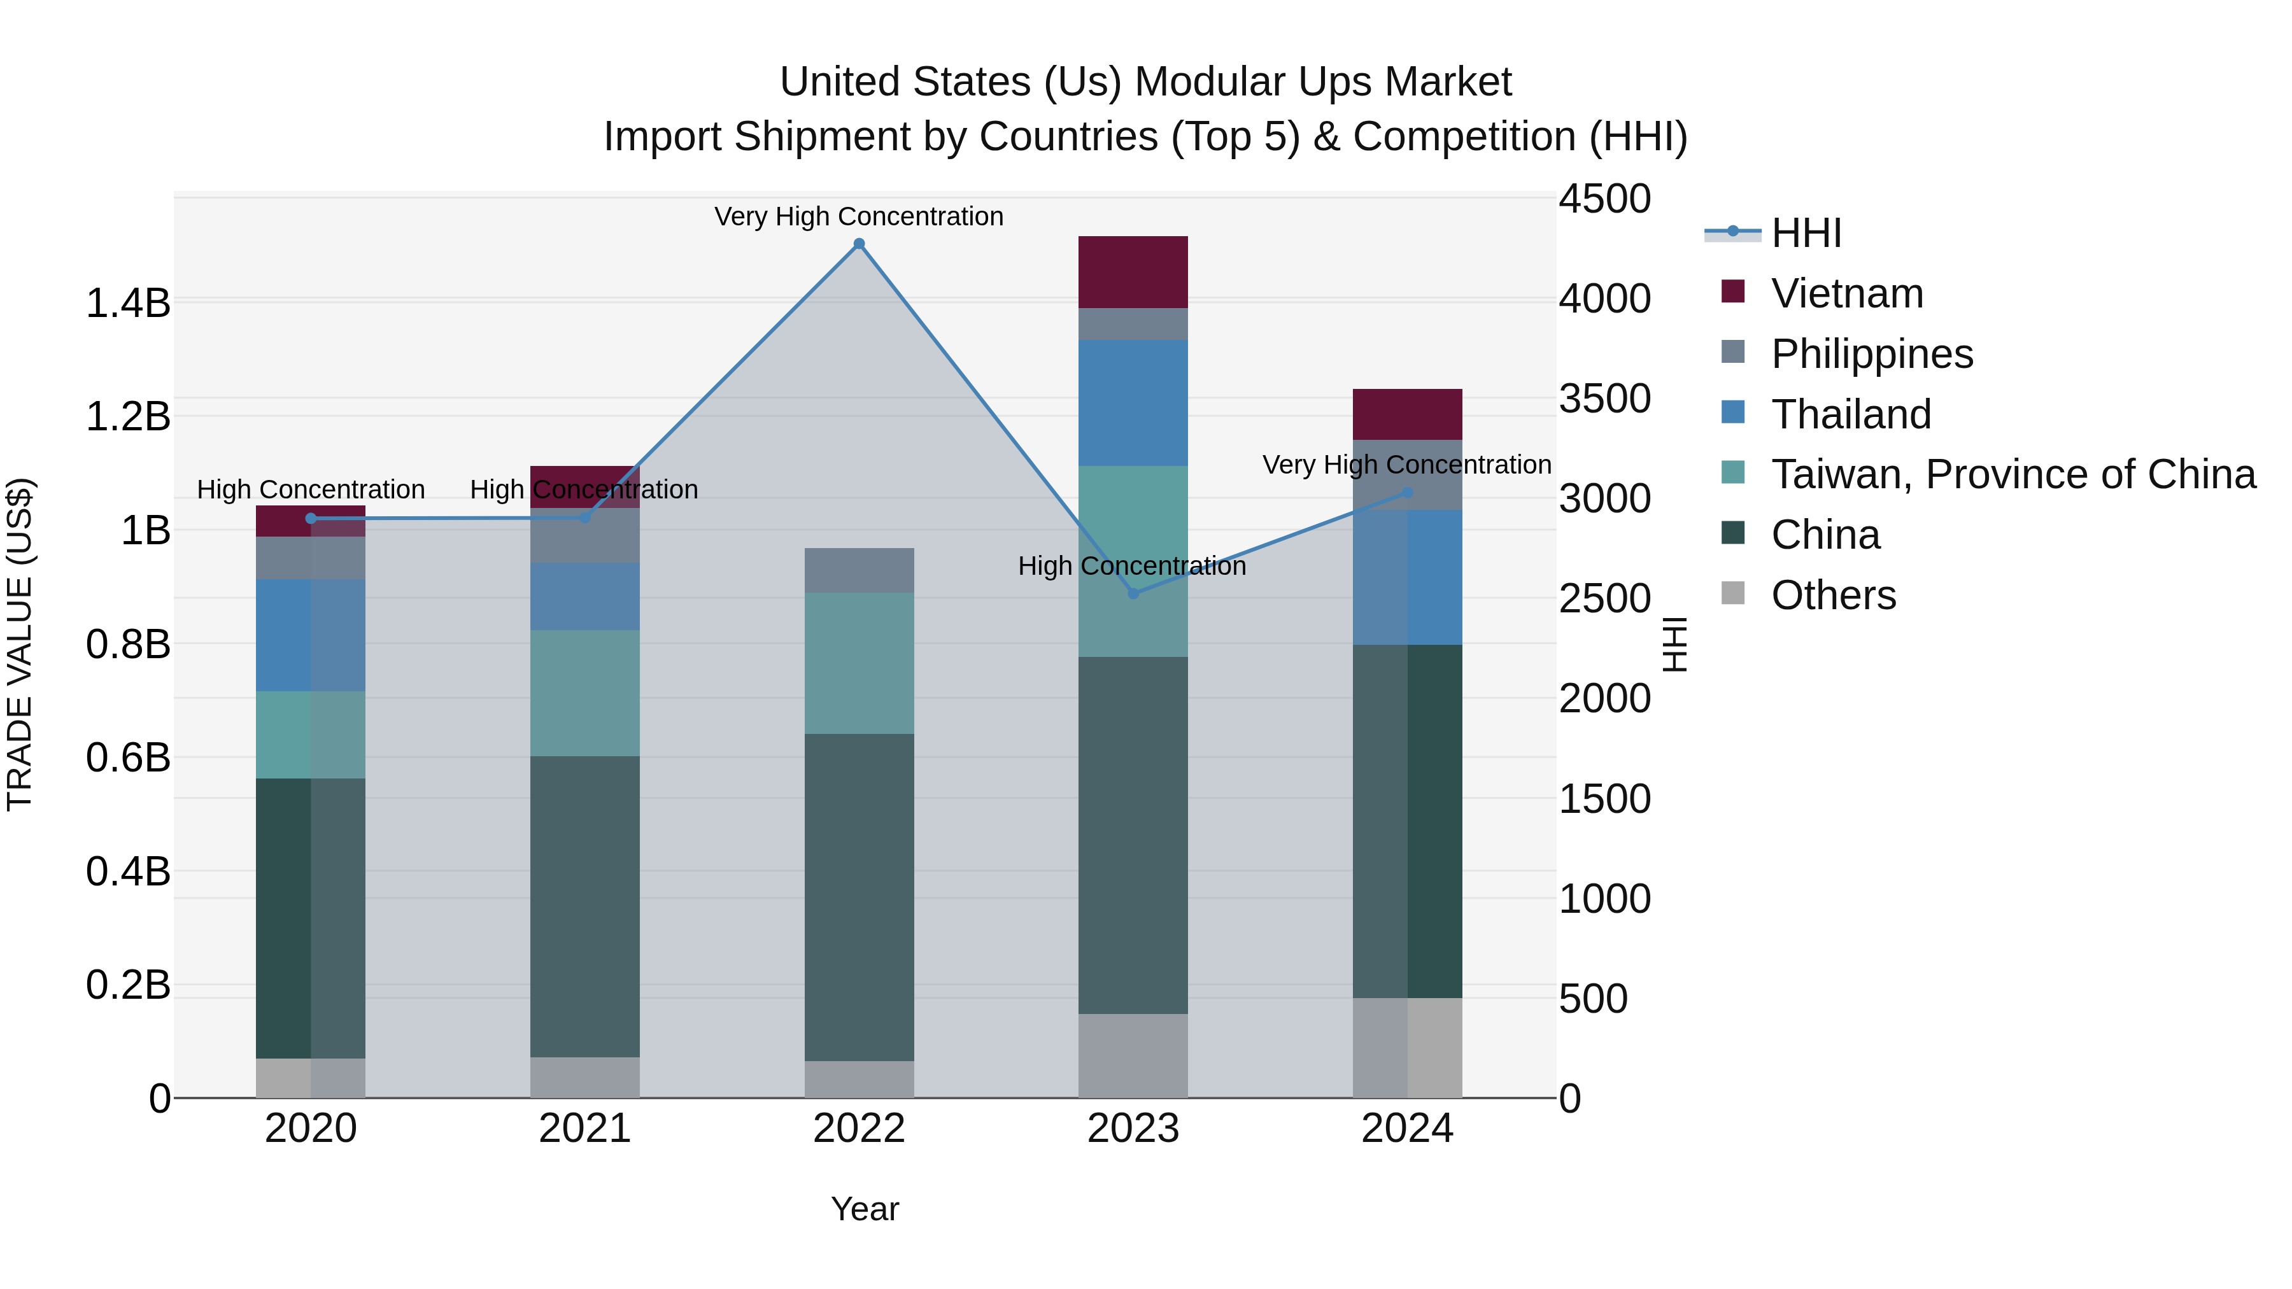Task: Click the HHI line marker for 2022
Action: [x=859, y=244]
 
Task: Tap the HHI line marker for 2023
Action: [x=1133, y=593]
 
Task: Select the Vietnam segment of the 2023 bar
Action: [x=1133, y=272]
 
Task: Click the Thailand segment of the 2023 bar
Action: [x=1133, y=402]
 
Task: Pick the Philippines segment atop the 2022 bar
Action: [x=859, y=570]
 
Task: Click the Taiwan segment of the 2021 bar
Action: [x=584, y=693]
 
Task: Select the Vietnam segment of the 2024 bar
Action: [x=1406, y=414]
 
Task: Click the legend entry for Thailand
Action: [x=1851, y=414]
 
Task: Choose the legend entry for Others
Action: [x=1833, y=595]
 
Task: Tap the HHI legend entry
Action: [x=1806, y=233]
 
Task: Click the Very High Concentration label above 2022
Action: [x=859, y=216]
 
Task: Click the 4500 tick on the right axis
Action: [x=1604, y=199]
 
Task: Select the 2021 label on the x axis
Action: [x=584, y=1129]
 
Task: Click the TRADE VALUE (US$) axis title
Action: [x=20, y=644]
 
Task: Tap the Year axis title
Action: [x=865, y=1209]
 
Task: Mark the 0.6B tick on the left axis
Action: [x=128, y=758]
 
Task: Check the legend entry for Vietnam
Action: [x=1847, y=293]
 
